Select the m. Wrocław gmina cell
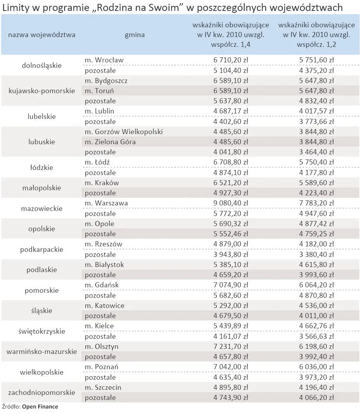(x=104, y=60)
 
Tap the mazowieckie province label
(x=42, y=209)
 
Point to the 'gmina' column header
(x=135, y=35)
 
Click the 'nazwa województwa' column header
(x=42, y=35)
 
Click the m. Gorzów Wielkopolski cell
(x=124, y=132)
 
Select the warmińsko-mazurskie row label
(x=42, y=352)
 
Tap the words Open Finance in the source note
(x=40, y=407)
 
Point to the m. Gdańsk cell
(x=102, y=285)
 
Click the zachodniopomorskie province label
(x=42, y=393)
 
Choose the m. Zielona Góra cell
(x=110, y=142)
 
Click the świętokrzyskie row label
(x=42, y=331)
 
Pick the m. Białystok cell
(x=104, y=265)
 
